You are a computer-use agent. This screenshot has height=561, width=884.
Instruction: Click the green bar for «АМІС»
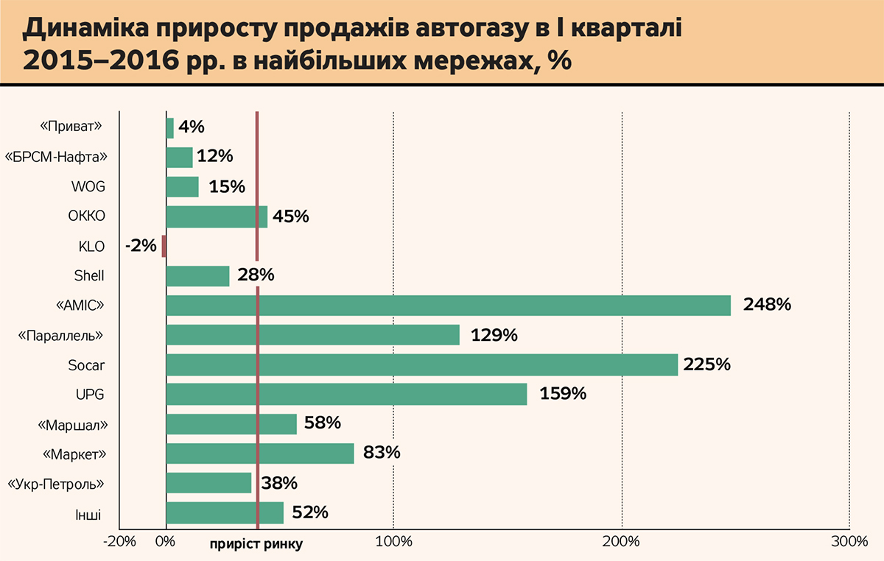pos(448,306)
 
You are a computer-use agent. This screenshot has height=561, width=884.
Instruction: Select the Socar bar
pos(421,365)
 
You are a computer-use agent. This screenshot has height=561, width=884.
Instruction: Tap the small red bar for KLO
pos(164,246)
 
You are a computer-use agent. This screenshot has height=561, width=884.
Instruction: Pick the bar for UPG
pos(346,395)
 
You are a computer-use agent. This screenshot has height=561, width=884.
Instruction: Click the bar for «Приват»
pos(170,128)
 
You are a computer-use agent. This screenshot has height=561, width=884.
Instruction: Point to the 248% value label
pos(767,305)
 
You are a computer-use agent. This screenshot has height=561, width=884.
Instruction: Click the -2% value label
pos(141,246)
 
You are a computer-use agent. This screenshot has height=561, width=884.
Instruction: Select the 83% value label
pos(381,454)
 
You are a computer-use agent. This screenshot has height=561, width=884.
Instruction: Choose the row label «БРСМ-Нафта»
pos(56,158)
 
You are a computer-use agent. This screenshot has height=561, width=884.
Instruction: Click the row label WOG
pos(88,187)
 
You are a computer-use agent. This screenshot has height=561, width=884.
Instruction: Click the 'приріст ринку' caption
pos(256,545)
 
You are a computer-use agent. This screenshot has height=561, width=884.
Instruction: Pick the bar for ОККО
pos(217,216)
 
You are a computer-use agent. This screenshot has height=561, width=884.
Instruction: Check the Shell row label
pos(89,276)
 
